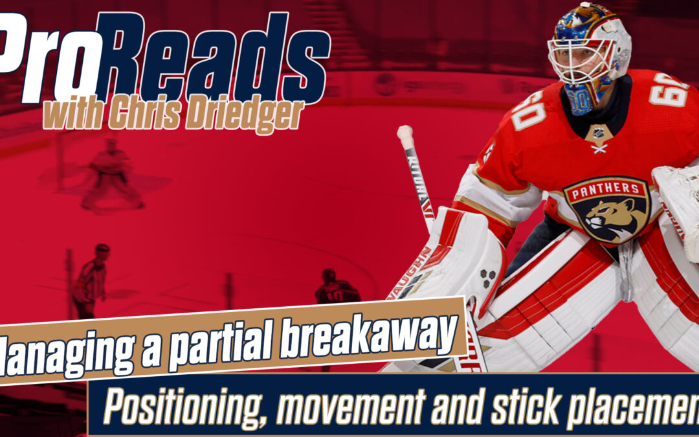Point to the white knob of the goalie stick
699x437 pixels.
pyautogui.click(x=405, y=136)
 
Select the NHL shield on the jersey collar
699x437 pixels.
pyautogui.click(x=599, y=134)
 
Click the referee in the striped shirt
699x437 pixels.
pyautogui.click(x=91, y=282)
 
